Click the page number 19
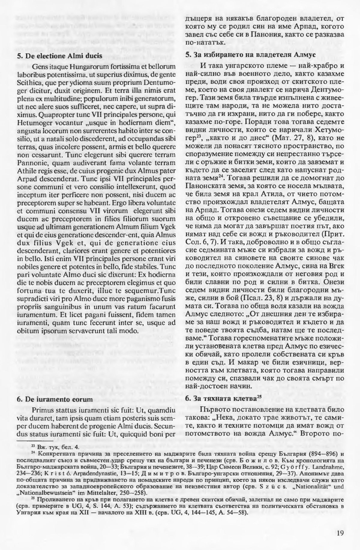point(340,533)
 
